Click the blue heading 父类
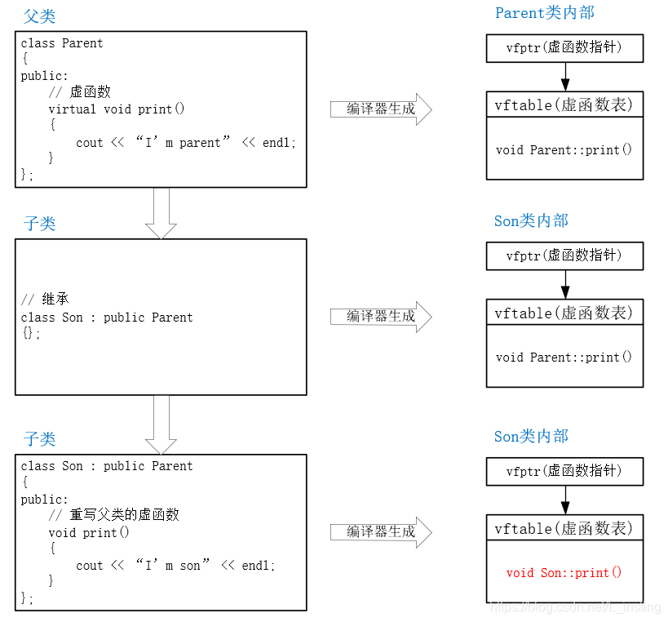click(x=39, y=16)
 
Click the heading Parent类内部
click(x=544, y=12)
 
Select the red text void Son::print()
click(x=564, y=572)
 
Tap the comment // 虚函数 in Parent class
click(x=79, y=92)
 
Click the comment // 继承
click(x=45, y=300)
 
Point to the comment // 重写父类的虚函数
click(x=113, y=515)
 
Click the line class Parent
click(x=62, y=43)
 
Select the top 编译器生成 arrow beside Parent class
click(x=380, y=109)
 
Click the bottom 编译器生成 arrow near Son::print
click(x=380, y=531)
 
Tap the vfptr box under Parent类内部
click(x=564, y=48)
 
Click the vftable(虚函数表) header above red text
click(x=564, y=528)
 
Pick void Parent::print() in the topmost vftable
click(x=564, y=149)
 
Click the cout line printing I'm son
click(x=175, y=565)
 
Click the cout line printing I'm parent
click(x=186, y=142)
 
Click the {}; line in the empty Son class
click(x=30, y=333)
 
